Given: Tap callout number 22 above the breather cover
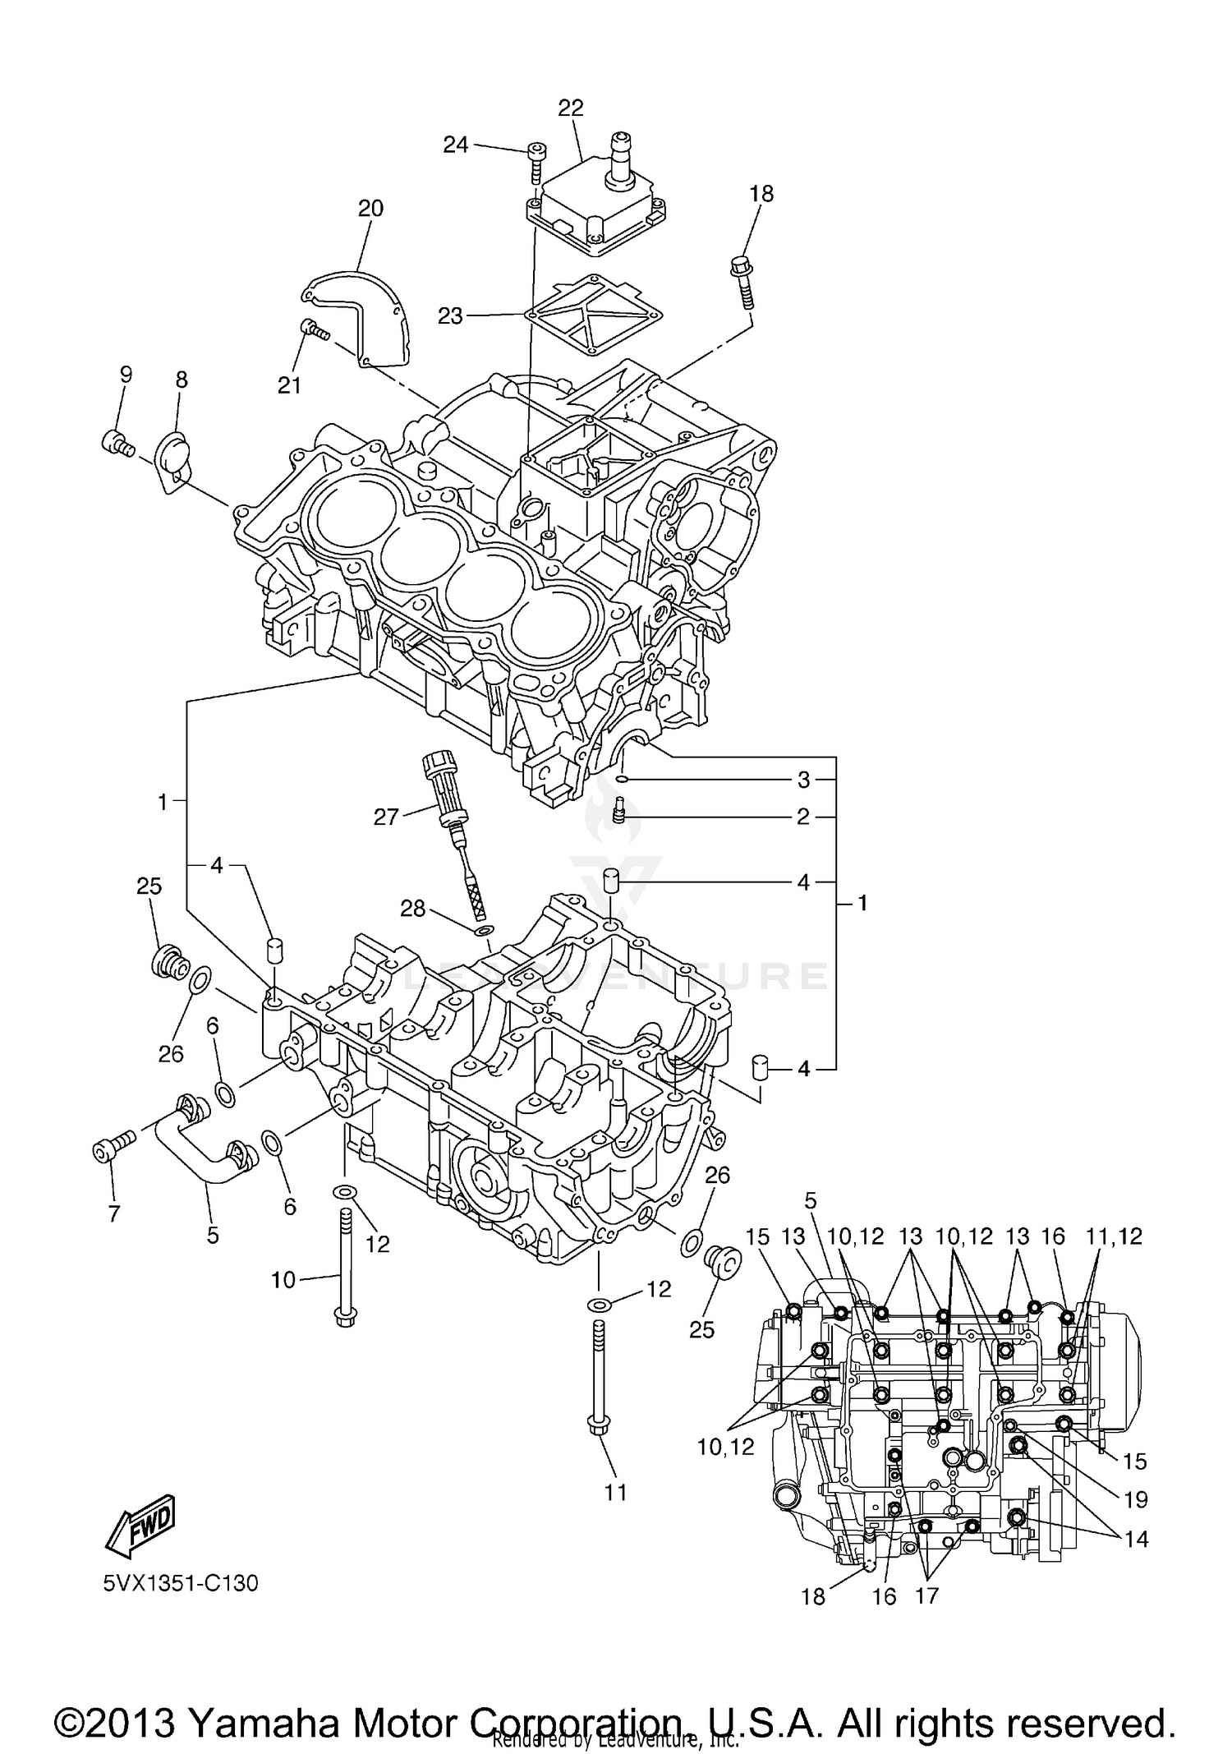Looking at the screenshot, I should coord(570,108).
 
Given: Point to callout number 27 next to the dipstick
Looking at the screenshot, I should coord(386,817).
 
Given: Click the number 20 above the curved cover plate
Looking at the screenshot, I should coord(370,209).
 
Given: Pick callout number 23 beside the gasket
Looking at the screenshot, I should coord(450,316).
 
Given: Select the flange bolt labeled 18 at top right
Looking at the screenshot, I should coord(741,282).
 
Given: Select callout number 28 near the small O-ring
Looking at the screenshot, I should coord(413,908).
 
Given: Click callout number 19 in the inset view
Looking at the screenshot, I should coord(1136,1500).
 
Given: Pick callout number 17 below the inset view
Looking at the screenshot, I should coord(926,1596).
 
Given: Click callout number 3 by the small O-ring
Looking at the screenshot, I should coord(803,779).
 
